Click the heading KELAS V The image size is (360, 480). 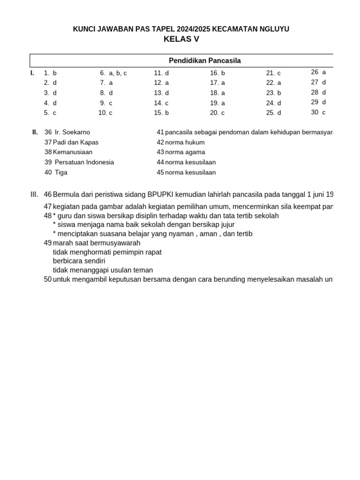click(x=181, y=39)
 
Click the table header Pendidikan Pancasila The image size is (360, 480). click(x=204, y=61)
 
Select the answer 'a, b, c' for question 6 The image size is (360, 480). click(x=118, y=73)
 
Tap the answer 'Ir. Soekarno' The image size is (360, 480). click(x=72, y=132)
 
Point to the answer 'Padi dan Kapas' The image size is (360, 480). click(x=75, y=142)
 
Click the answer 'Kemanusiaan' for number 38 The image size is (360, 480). click(x=73, y=152)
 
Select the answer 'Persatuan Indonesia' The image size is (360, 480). click(x=84, y=162)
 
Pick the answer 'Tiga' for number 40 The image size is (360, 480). click(x=61, y=172)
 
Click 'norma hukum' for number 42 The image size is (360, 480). click(x=185, y=142)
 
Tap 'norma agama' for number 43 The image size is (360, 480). click(x=185, y=152)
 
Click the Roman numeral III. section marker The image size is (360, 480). click(x=34, y=194)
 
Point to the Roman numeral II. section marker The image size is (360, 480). click(x=35, y=132)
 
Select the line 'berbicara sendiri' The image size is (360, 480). click(x=79, y=261)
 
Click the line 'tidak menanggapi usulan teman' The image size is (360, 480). click(x=103, y=270)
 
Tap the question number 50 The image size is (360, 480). click(x=47, y=279)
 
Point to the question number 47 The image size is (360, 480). click(x=47, y=206)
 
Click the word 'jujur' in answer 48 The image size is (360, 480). click(x=226, y=225)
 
